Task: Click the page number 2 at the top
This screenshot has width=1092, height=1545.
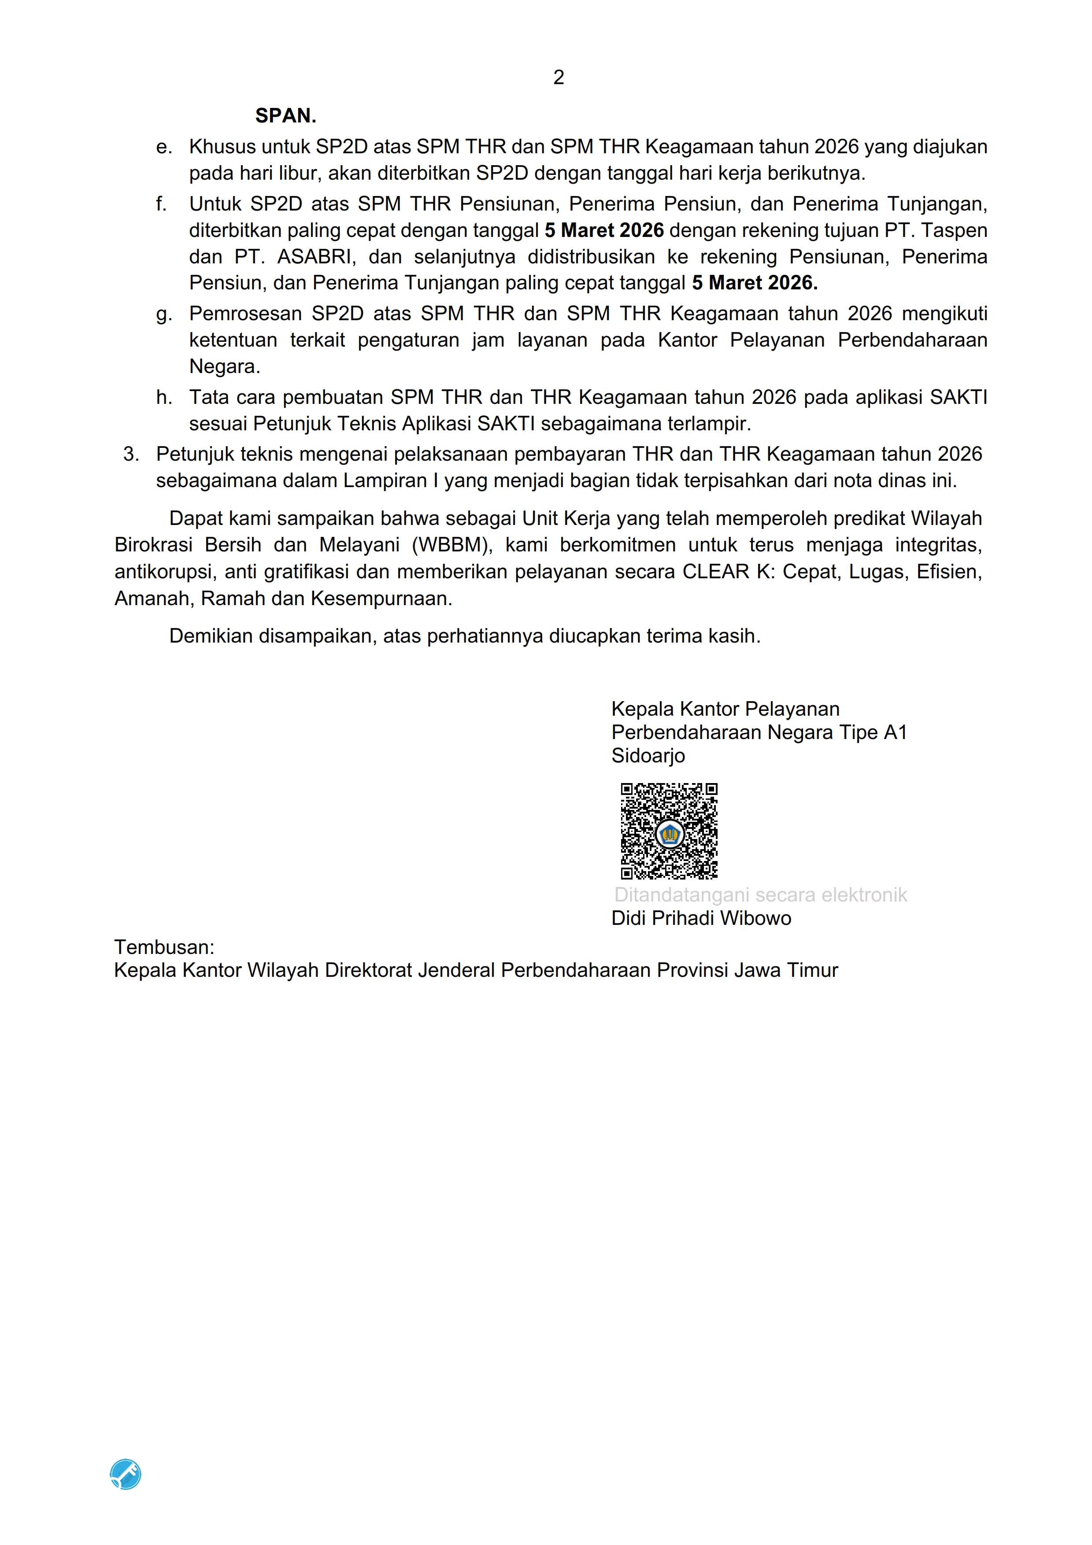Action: click(559, 78)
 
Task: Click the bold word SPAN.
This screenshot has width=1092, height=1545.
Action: click(285, 116)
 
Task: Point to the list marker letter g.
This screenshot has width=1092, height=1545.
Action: click(163, 314)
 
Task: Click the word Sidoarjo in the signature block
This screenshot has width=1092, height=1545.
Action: click(648, 756)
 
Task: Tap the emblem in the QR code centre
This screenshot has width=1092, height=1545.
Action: click(670, 835)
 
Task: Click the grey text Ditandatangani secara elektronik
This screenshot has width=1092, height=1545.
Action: click(760, 895)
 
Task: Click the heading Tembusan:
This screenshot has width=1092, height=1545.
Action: click(164, 947)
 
